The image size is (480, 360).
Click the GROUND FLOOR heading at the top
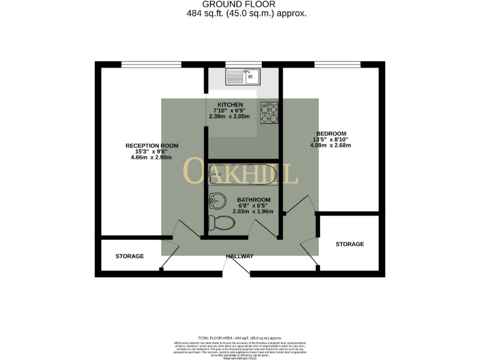point(240,4)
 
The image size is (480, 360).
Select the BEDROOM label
point(331,133)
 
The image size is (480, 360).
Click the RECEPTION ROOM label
point(152,146)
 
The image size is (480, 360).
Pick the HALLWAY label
point(240,256)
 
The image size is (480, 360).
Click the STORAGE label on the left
point(129,256)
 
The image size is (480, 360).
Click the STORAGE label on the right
point(349,244)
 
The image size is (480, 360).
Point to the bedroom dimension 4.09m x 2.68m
point(331,146)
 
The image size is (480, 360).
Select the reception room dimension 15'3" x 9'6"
point(152,152)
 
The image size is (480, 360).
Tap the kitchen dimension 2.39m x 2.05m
point(229,117)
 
